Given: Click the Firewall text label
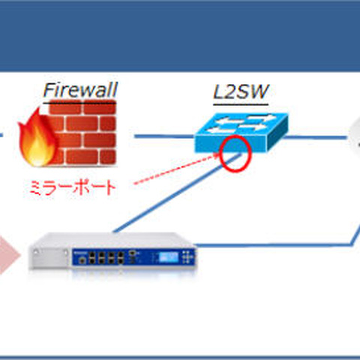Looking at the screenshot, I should (79, 92).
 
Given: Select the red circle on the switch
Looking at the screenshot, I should (235, 152).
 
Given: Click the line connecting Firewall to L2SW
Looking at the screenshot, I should (161, 136).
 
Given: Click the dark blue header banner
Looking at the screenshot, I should (180, 34).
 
